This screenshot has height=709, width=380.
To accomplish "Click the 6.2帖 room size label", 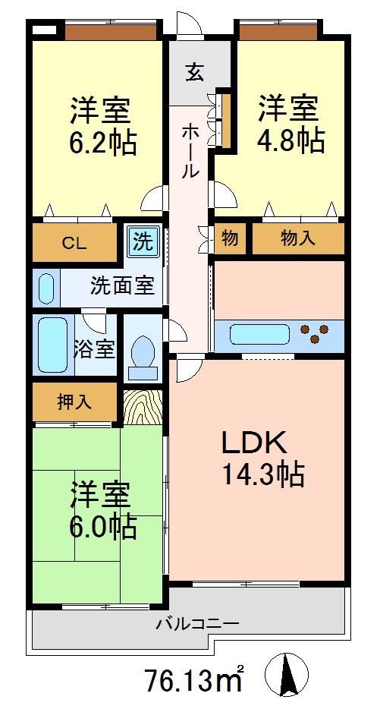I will point(104,142).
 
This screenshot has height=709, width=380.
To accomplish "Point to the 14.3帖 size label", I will point(262,475).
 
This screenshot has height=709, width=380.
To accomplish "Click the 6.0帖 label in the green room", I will point(104,525).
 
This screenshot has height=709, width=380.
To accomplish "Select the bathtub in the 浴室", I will point(53,346).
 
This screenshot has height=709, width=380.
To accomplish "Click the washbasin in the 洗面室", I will point(47,288).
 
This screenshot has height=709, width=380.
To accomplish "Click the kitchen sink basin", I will point(259,334).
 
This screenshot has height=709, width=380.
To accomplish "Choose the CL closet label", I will point(74,243).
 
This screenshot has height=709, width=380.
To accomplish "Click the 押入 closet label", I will point(74,402).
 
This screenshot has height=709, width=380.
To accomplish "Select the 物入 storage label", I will point(297,239).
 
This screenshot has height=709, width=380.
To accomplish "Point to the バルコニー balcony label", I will point(198,624).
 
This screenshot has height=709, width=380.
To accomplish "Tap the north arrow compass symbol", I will point(287,674).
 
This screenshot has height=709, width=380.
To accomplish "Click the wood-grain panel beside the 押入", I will point(143,406).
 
